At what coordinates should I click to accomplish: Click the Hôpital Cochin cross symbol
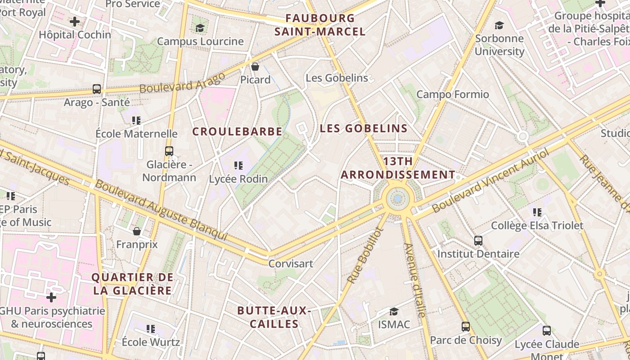point(75,21)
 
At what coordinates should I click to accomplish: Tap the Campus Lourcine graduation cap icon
point(200,28)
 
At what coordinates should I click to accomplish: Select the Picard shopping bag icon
point(255,67)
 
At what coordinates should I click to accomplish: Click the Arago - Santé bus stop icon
point(97,89)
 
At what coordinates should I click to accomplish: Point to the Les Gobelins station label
point(337,78)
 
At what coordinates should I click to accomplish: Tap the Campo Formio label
point(452,94)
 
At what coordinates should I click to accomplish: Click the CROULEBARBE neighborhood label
point(237,131)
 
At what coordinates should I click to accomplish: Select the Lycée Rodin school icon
point(238,166)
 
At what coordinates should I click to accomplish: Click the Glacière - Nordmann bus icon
point(169,151)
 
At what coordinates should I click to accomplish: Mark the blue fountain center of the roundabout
point(397,198)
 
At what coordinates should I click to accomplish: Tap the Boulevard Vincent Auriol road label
point(490,181)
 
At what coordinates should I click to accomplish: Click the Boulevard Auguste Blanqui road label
point(161,211)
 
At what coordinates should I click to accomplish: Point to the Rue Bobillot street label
point(365,255)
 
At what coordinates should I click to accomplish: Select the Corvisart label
point(290,263)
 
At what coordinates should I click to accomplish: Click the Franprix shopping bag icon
point(137,231)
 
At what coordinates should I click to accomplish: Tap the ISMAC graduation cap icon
point(394,311)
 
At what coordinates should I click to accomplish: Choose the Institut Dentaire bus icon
point(478,241)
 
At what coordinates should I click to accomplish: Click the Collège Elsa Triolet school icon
point(537,212)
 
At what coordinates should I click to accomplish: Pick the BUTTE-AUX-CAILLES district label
point(274,317)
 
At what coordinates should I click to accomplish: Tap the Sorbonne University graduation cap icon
point(499,25)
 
